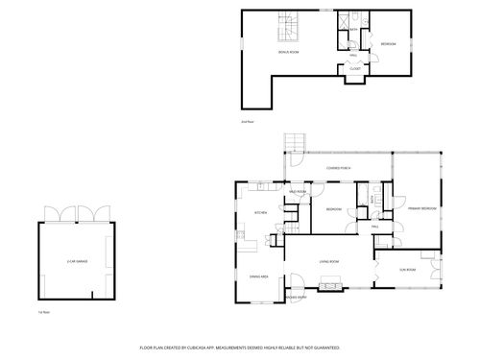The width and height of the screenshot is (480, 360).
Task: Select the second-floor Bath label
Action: tap(353, 30)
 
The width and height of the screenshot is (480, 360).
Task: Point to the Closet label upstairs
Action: tap(354, 68)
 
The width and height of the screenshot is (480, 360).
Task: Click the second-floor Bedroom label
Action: tap(388, 44)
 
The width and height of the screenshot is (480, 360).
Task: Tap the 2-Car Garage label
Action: tap(78, 261)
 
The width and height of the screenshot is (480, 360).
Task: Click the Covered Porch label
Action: tap(338, 168)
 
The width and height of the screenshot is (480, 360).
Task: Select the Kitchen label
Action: tap(259, 212)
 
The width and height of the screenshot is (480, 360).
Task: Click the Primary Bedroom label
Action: tap(421, 208)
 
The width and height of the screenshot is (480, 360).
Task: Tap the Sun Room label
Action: tap(407, 270)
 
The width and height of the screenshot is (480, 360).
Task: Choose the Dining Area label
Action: tap(258, 276)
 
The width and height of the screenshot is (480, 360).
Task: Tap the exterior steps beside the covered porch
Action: tap(293, 144)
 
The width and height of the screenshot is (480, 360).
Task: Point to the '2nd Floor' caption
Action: tap(247, 122)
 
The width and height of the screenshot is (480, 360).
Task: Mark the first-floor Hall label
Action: tap(375, 227)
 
